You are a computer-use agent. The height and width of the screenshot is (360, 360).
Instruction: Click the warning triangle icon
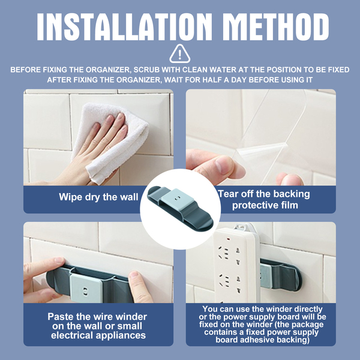pyautogui.click(x=180, y=54)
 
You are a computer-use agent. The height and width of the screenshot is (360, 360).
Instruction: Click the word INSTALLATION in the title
pyautogui.click(x=124, y=27)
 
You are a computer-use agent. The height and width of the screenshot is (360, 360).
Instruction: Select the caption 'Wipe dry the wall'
pyautogui.click(x=98, y=197)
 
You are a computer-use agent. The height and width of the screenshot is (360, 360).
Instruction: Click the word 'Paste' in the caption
pyautogui.click(x=61, y=317)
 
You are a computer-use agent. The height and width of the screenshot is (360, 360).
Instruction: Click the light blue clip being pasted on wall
pyautogui.click(x=86, y=288)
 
